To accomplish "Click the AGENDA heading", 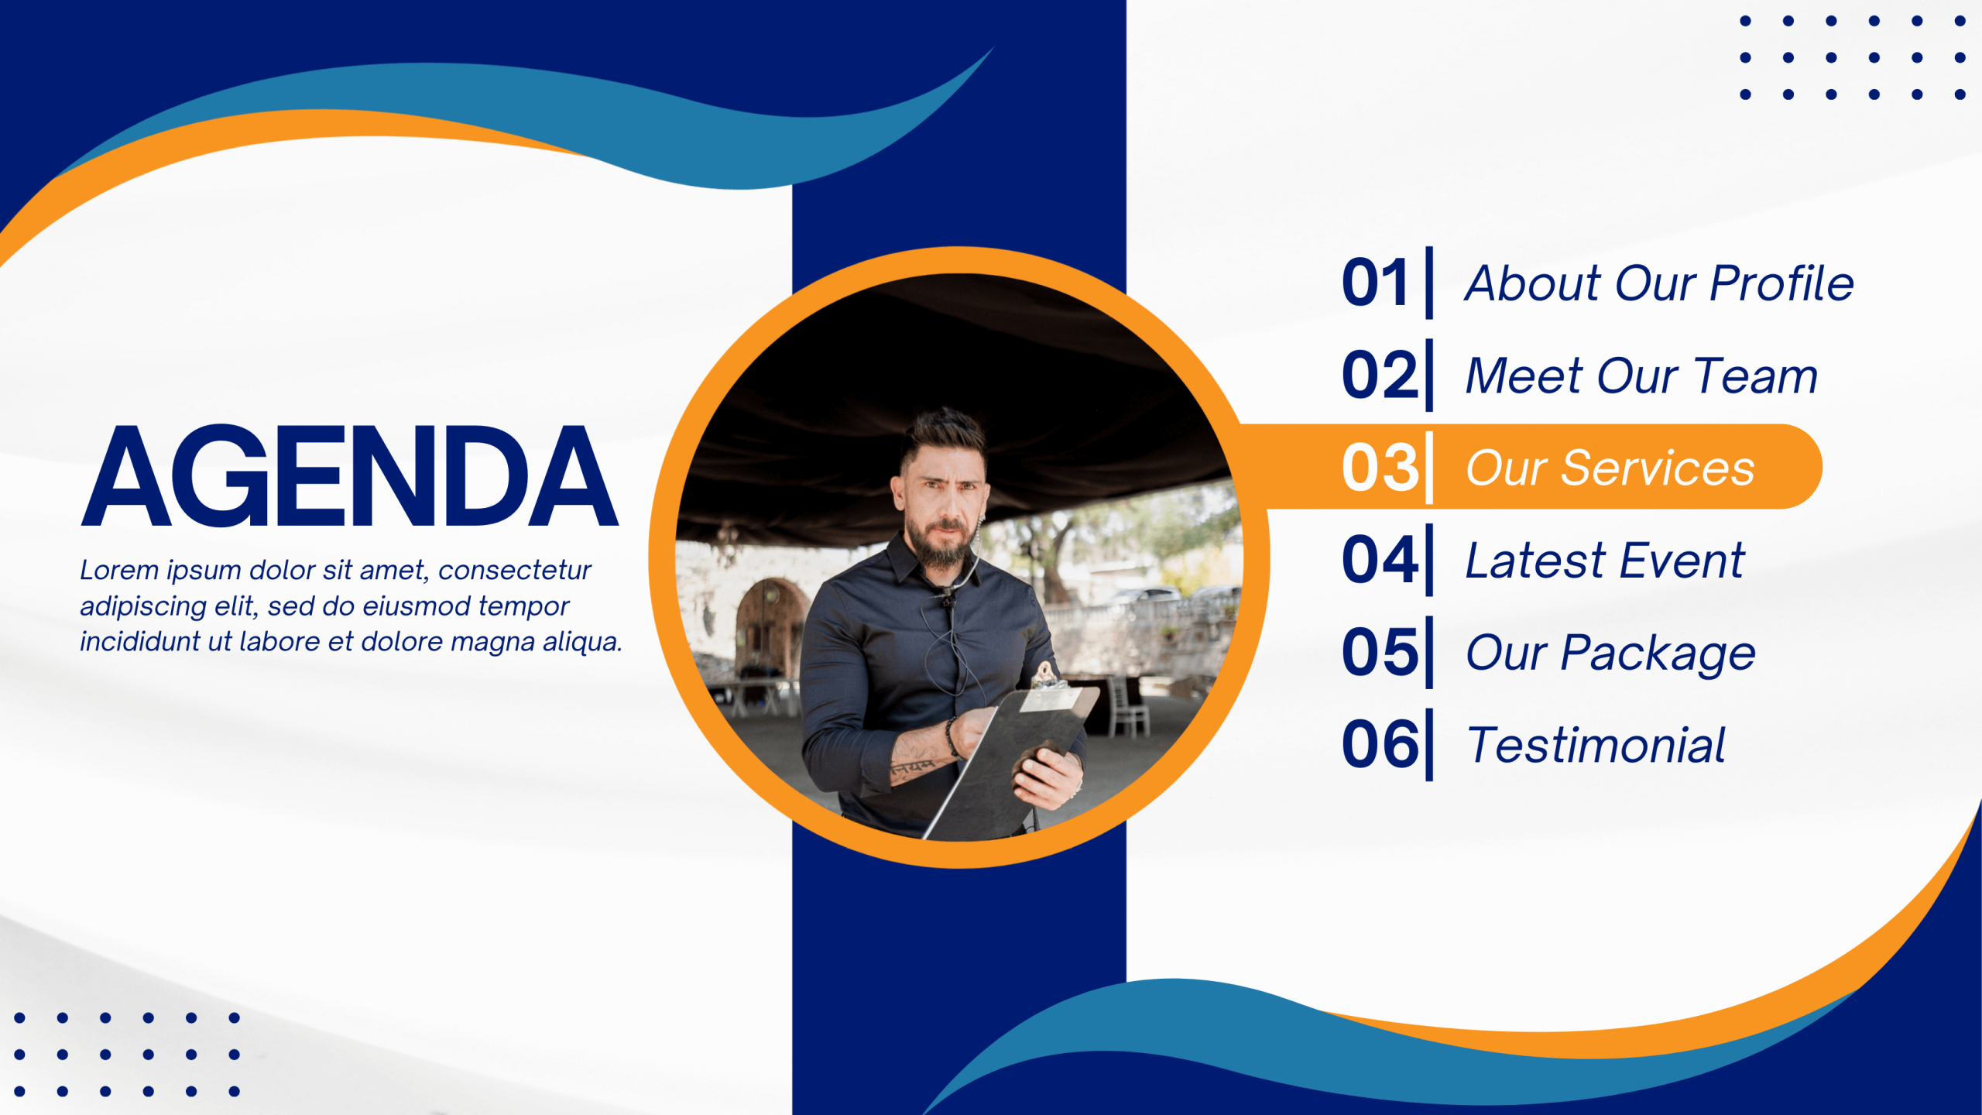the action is [x=350, y=475].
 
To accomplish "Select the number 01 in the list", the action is [x=1374, y=283].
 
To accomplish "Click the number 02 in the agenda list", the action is [x=1380, y=375].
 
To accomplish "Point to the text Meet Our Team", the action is [x=1641, y=376].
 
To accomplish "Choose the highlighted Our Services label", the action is [x=1610, y=468].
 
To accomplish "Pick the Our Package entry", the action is [x=1610, y=654].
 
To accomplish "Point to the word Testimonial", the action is [x=1596, y=745].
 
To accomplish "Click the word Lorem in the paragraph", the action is [x=119, y=570].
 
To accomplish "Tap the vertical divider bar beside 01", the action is [x=1429, y=283].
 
